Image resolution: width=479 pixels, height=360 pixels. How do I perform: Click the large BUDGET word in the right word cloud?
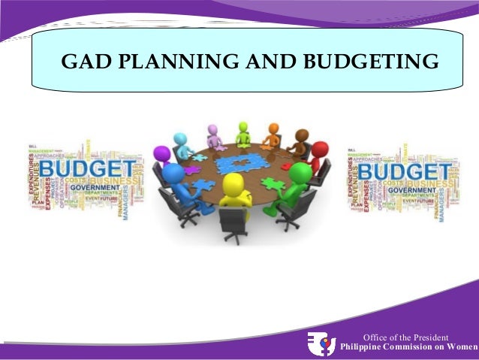(x=406, y=174)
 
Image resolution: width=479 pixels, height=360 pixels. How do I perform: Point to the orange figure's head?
(x=273, y=129)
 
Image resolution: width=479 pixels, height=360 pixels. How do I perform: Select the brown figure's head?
(x=301, y=136)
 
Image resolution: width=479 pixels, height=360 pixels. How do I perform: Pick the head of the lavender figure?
(x=212, y=130)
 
